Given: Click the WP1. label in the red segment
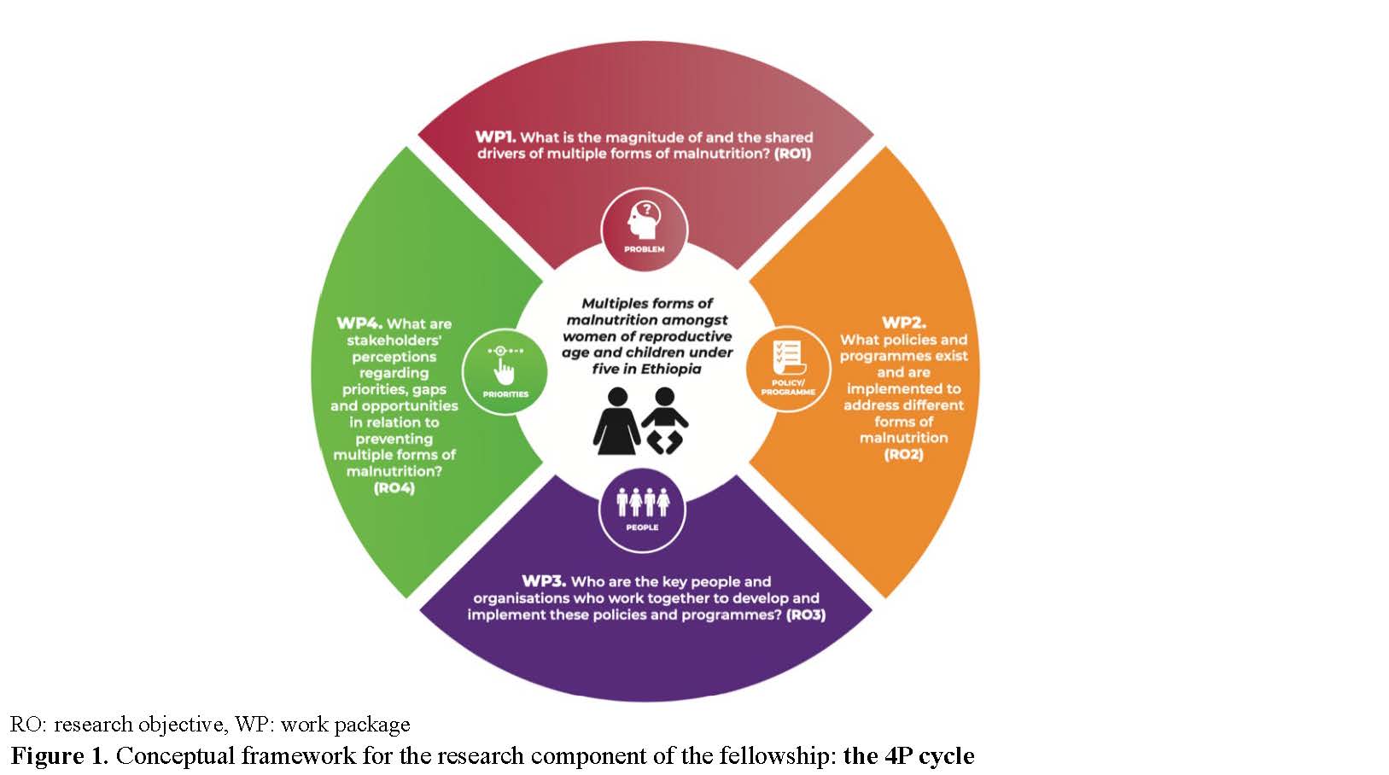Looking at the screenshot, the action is click(495, 137).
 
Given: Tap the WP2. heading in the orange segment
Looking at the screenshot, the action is click(903, 323).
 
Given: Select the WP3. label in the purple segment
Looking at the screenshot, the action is click(544, 581).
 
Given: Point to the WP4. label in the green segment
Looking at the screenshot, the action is click(359, 323).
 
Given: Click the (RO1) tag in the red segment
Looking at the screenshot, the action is click(792, 154).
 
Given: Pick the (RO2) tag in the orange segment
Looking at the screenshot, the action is click(903, 454).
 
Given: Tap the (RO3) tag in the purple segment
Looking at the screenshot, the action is click(806, 615).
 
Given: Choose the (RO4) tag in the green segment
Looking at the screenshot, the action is click(394, 488).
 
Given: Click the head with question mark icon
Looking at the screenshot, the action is click(645, 220).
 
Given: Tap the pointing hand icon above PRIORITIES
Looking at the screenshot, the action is click(505, 366).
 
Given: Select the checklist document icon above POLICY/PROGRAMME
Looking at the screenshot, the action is click(787, 358).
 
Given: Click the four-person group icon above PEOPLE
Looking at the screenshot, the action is click(643, 502).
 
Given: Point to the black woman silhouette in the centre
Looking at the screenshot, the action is click(617, 422).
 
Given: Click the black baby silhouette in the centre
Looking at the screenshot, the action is click(665, 420).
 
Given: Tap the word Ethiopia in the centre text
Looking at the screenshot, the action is click(671, 369).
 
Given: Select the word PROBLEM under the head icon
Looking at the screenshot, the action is click(645, 249).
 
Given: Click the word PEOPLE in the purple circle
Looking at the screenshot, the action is click(642, 527).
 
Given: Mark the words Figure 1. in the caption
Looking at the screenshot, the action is click(60, 756).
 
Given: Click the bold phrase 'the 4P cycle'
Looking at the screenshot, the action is click(909, 756).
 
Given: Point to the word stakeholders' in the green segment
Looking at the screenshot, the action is click(394, 341).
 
